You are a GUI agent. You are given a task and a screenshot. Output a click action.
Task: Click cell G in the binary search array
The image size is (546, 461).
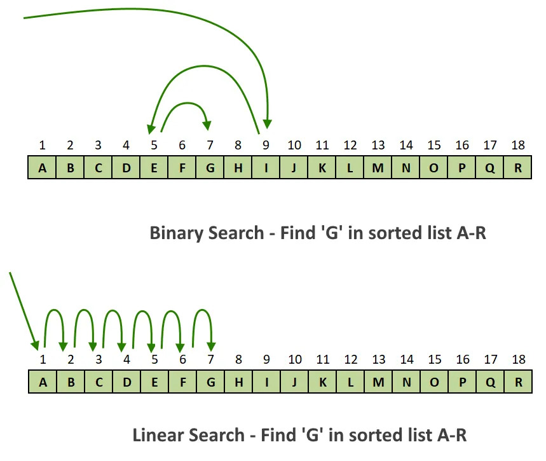(210, 168)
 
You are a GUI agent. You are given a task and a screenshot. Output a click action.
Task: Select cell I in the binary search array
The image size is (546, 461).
(266, 168)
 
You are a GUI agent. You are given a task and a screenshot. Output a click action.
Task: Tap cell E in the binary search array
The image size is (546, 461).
(154, 168)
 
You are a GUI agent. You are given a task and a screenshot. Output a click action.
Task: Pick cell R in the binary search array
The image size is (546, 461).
(518, 168)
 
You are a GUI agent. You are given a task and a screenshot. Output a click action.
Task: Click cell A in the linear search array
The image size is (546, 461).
(43, 382)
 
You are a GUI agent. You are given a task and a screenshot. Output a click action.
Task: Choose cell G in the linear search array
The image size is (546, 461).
(210, 382)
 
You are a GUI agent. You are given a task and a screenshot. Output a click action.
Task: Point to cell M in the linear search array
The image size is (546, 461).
(378, 382)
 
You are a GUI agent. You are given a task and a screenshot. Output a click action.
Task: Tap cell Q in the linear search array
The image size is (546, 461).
(490, 382)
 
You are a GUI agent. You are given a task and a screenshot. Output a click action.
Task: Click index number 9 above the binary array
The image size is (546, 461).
(266, 145)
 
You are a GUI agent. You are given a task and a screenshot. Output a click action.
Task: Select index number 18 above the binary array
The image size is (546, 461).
(518, 145)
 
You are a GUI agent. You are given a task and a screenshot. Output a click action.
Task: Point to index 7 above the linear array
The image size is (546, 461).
(210, 359)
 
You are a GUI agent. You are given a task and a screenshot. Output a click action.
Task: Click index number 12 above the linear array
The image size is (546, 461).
(350, 359)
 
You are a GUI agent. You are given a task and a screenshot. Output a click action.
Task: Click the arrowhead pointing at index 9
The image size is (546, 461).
(268, 123)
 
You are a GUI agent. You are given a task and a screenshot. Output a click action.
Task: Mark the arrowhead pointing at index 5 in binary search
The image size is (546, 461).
(151, 128)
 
